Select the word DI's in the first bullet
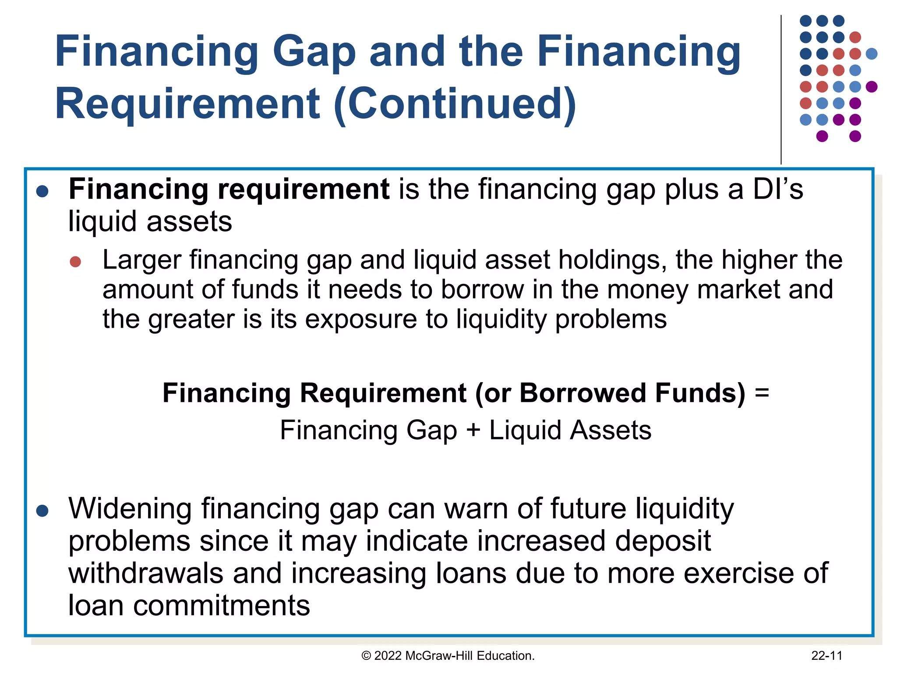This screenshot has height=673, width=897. coord(778,189)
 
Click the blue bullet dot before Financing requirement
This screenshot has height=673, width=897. coord(42,191)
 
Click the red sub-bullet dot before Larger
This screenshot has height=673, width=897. coord(75,262)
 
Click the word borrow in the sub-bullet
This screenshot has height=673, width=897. coord(482,290)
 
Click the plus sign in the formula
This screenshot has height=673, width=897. coord(473,430)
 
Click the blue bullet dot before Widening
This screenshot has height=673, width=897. coord(42,510)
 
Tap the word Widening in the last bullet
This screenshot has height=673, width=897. coord(130,509)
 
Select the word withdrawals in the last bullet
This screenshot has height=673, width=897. coord(146,574)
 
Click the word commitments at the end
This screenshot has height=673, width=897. coord(222,606)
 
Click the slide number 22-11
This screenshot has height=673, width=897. coord(826,656)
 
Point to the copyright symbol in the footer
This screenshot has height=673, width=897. coord(366,656)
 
